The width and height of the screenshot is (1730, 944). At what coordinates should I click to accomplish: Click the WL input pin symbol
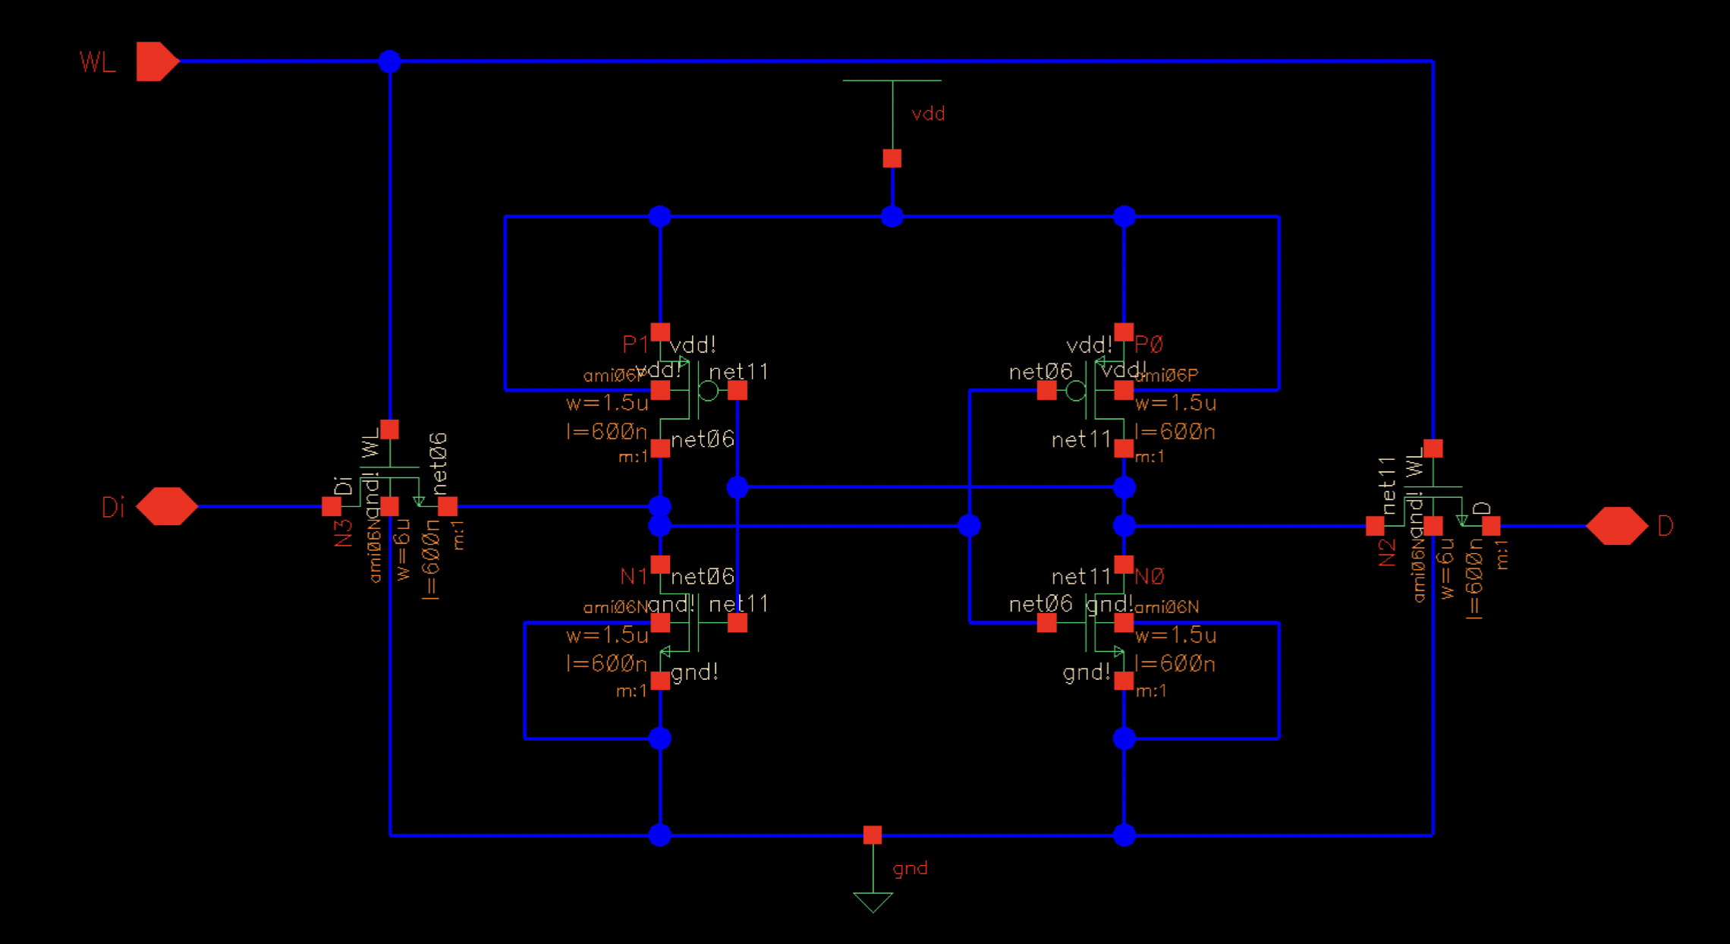pos(156,61)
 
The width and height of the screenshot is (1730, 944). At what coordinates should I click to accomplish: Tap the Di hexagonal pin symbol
pos(167,506)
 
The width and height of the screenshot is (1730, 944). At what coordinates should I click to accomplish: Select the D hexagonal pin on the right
pos(1616,526)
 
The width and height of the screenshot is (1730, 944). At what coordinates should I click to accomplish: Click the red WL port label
pos(98,62)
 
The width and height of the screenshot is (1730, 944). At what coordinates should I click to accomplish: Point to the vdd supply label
pos(928,114)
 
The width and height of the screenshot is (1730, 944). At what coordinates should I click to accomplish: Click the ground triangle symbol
pos(873,902)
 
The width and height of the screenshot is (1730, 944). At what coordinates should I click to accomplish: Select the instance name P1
pos(635,345)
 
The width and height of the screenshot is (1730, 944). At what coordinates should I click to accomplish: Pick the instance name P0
pos(1149,345)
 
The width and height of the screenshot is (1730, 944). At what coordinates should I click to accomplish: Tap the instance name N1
pos(634,577)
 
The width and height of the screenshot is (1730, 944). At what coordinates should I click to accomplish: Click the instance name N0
pos(1149,577)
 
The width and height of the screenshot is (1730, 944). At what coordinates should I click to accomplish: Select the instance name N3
pos(344,533)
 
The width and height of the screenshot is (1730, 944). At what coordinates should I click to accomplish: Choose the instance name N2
pos(1387,552)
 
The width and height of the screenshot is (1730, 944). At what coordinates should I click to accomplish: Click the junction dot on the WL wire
pos(389,61)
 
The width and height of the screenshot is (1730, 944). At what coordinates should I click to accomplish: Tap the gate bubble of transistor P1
pos(708,391)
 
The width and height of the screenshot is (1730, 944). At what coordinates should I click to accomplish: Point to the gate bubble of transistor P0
pos(1076,391)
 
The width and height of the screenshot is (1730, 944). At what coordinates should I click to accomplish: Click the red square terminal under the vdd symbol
pos(892,159)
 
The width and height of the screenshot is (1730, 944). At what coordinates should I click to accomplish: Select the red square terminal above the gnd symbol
pos(873,835)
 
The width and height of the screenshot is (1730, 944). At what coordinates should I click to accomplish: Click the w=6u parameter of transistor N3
pos(403,549)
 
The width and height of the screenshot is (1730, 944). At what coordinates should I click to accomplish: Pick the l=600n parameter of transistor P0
pos(1175,432)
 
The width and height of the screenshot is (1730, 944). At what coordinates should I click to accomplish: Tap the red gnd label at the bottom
pos(910,868)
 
